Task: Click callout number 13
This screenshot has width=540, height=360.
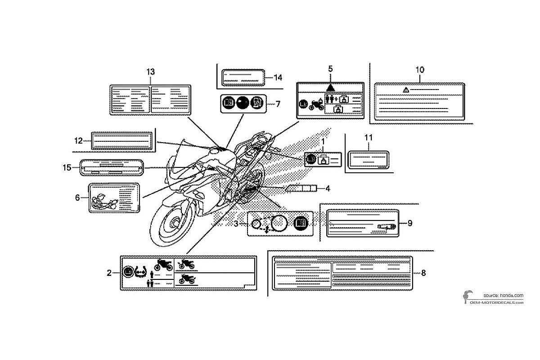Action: tap(151, 72)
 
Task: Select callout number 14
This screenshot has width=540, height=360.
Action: tap(278, 77)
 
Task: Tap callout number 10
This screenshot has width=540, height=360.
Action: tap(420, 70)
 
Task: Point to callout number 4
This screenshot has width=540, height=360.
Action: tap(328, 188)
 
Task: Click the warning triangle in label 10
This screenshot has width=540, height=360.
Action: tap(406, 90)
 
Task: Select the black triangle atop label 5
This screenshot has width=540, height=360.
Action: tap(330, 88)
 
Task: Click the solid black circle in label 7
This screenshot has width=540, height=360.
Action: tap(243, 103)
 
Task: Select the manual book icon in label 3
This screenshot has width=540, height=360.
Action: tap(301, 223)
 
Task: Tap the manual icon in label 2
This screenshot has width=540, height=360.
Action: tap(128, 272)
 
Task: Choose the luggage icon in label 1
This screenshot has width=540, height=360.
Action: tap(323, 160)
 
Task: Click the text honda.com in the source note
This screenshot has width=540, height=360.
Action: tap(512, 295)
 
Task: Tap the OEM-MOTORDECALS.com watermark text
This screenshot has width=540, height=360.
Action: tap(497, 302)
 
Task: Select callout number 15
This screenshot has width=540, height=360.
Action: tap(67, 167)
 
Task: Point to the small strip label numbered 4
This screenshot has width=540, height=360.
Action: tap(301, 188)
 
